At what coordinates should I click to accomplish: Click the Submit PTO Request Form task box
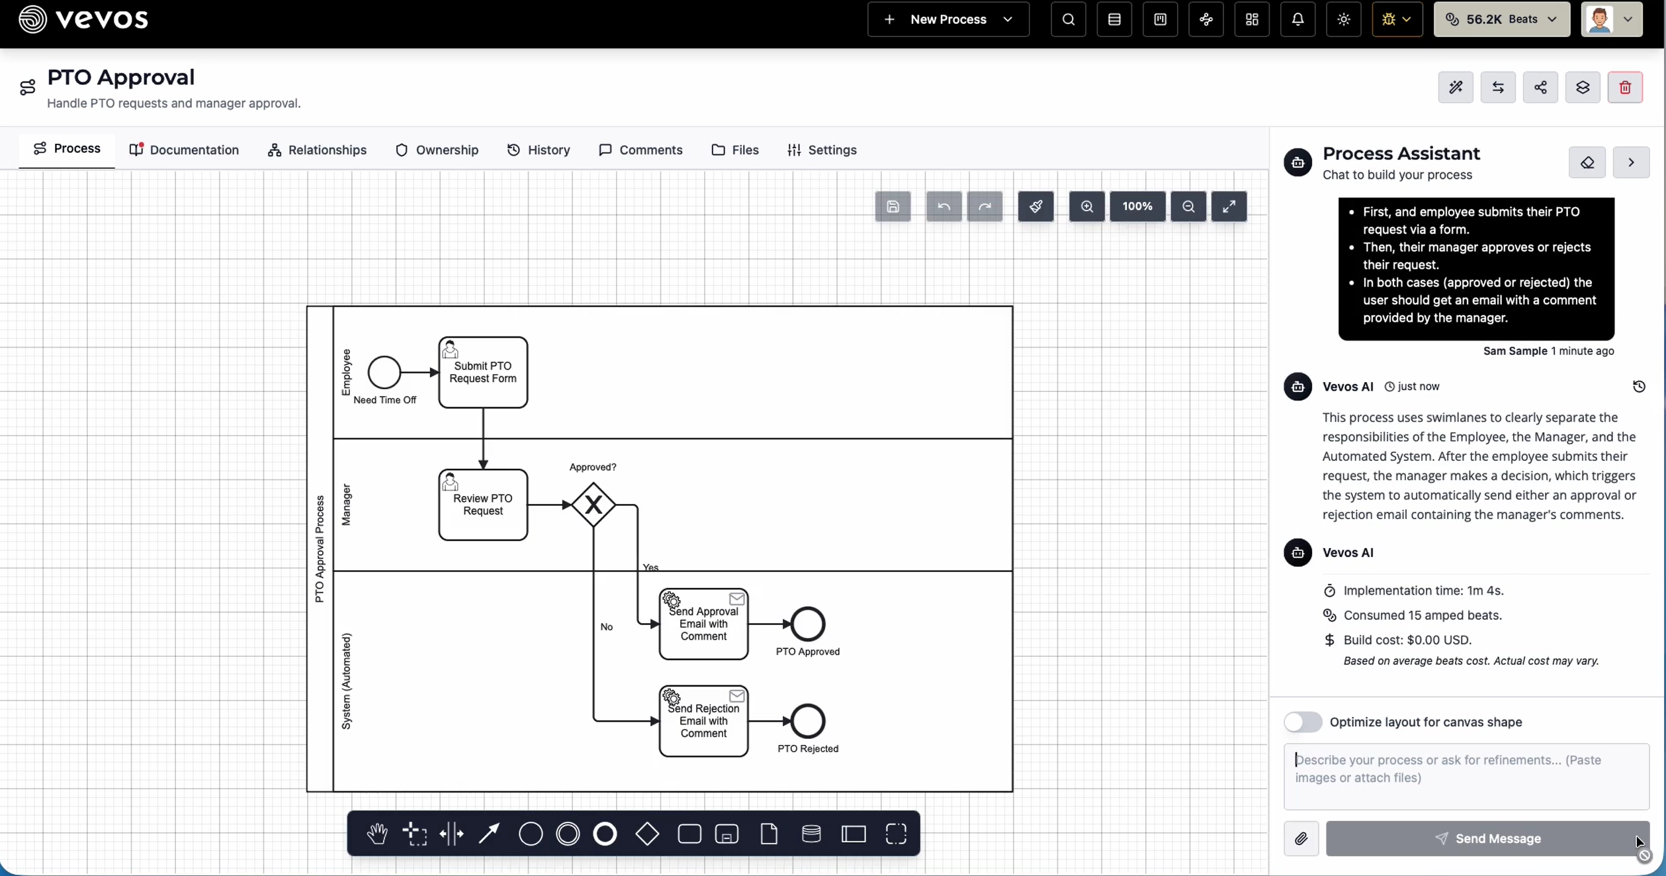[483, 372]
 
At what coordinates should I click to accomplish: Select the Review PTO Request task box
[483, 505]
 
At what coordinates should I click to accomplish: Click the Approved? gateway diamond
[593, 505]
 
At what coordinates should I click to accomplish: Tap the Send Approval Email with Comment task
[703, 624]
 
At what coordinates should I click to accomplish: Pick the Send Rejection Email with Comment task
[703, 721]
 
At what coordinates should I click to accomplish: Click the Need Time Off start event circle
[384, 372]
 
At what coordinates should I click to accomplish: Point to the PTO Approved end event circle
[808, 624]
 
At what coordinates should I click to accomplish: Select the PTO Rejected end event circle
[808, 721]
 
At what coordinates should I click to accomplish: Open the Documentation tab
[184, 150]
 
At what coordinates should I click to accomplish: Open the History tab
[539, 150]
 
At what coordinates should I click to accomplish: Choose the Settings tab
[822, 150]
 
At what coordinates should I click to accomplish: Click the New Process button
[948, 19]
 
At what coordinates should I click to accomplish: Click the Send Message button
[1487, 838]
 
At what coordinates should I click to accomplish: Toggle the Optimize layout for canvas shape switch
[1303, 722]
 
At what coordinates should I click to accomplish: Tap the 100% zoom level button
[1137, 207]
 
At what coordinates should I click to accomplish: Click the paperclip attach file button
[1301, 838]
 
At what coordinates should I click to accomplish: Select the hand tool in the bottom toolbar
[377, 834]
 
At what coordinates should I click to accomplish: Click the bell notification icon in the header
[1297, 19]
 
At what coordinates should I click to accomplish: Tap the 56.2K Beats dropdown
[1501, 19]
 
